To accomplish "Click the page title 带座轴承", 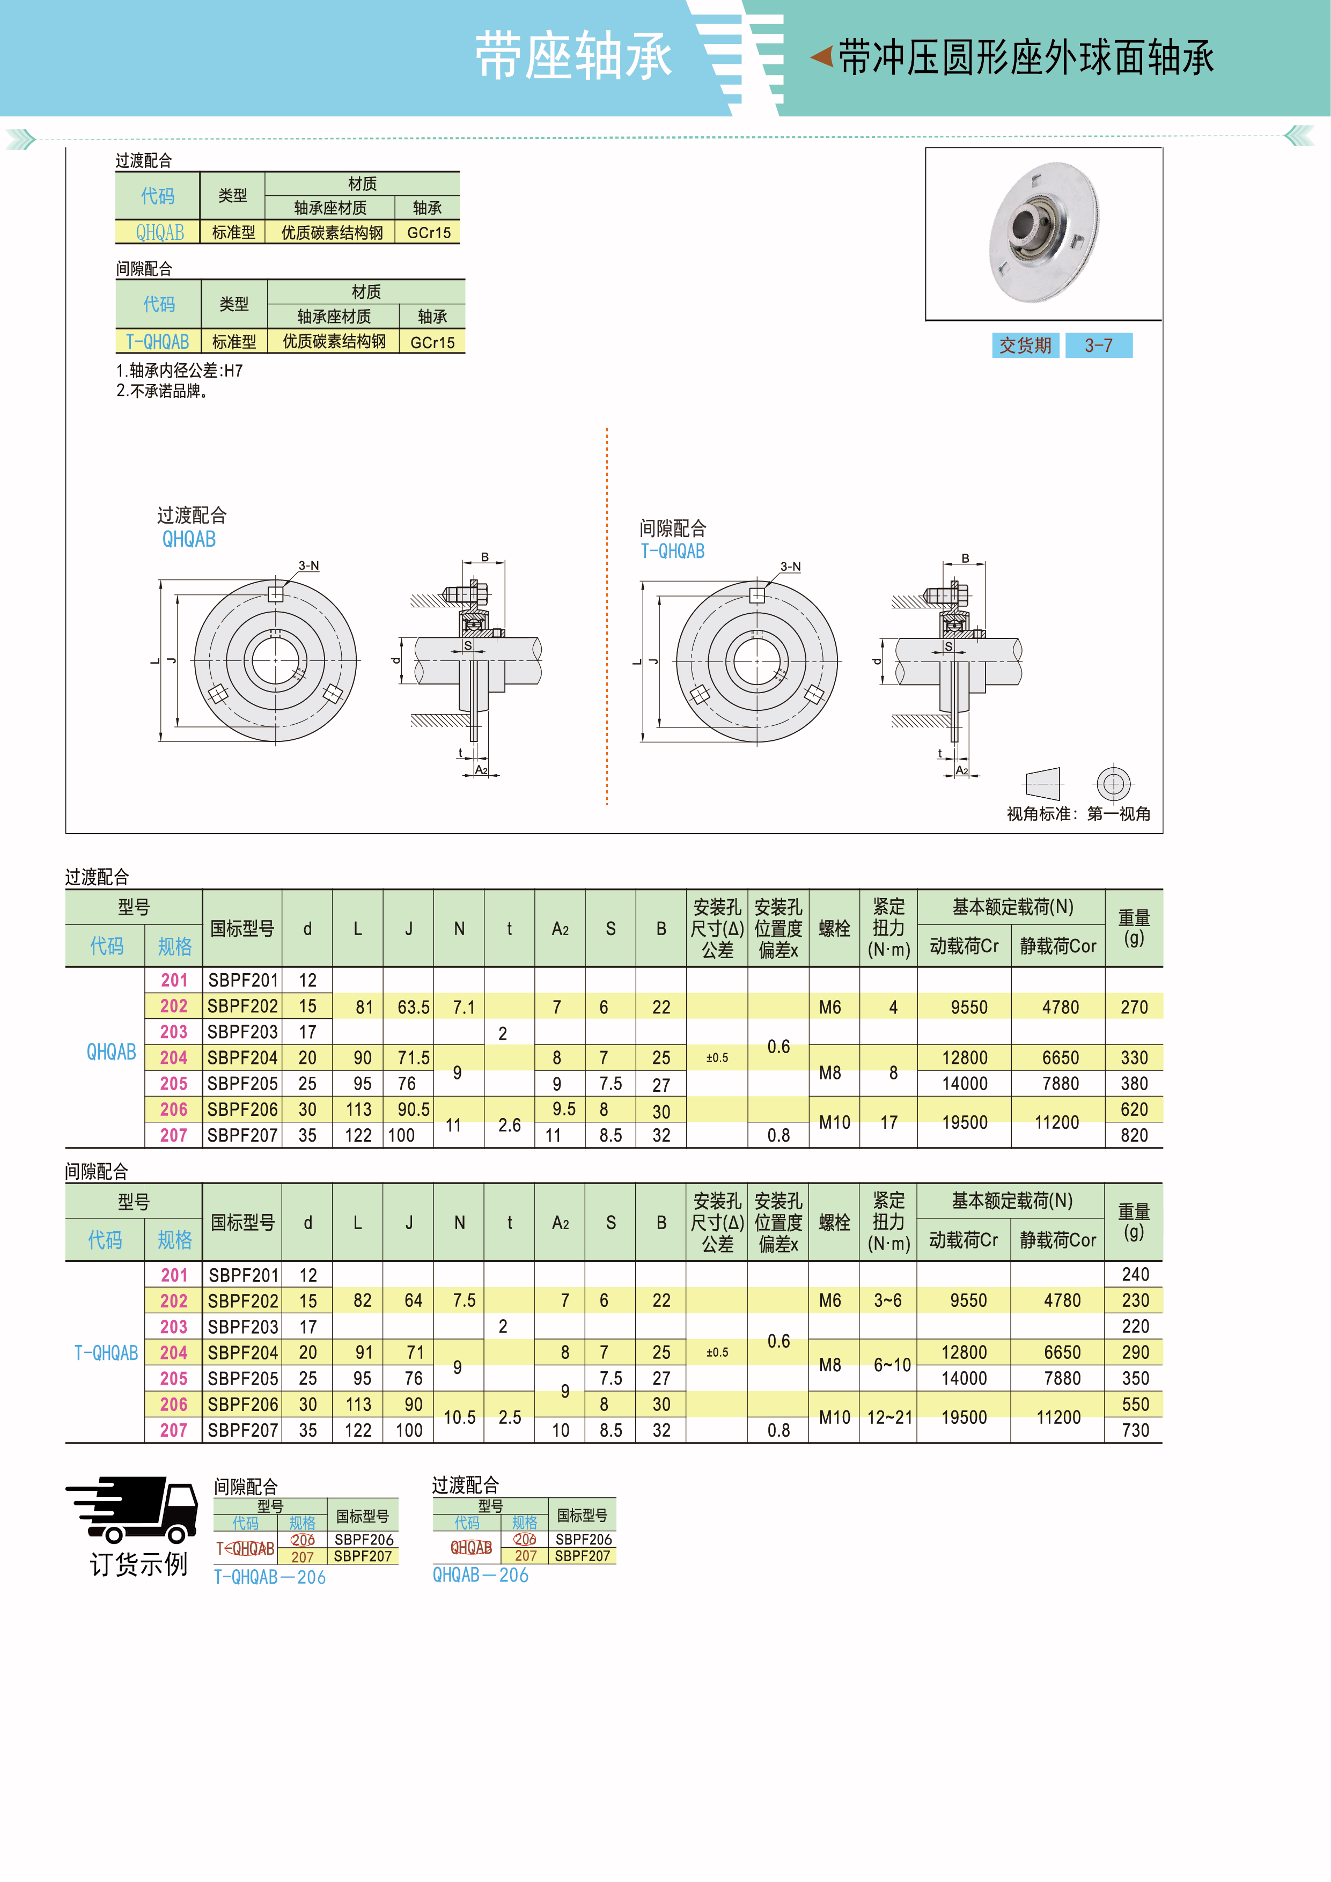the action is [573, 56].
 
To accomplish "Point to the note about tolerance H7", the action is [180, 371].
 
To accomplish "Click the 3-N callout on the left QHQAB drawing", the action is [308, 565].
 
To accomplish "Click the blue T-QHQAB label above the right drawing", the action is [672, 551].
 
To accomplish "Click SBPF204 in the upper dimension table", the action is [242, 1057].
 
